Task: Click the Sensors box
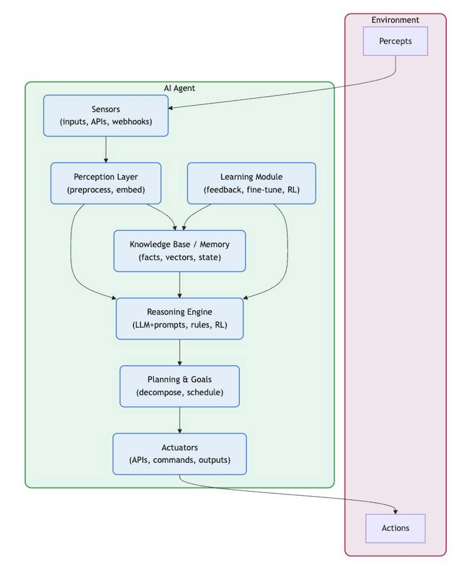[106, 116]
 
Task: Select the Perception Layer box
[106, 183]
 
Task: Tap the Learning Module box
[252, 183]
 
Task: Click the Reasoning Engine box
[179, 318]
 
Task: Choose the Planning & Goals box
[179, 386]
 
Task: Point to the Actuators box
[179, 454]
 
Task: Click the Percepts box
[395, 41]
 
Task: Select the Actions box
[395, 528]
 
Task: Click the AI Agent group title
[179, 88]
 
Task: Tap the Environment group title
[395, 20]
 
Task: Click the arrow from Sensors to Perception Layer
[106, 150]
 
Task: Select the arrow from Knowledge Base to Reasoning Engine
[179, 285]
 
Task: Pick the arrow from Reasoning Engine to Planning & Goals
[179, 353]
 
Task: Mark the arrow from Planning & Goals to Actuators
[179, 420]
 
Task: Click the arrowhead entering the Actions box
[395, 512]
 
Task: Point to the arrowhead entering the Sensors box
[170, 108]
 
